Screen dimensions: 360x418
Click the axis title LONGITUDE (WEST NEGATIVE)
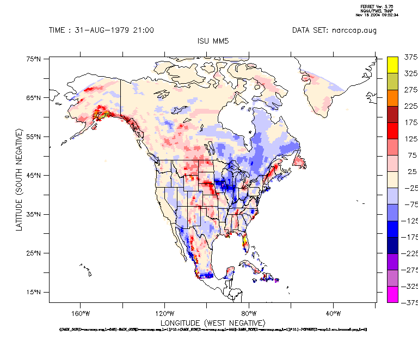211,322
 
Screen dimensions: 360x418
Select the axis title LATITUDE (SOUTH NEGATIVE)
19,179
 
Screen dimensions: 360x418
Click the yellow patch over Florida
245,239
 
